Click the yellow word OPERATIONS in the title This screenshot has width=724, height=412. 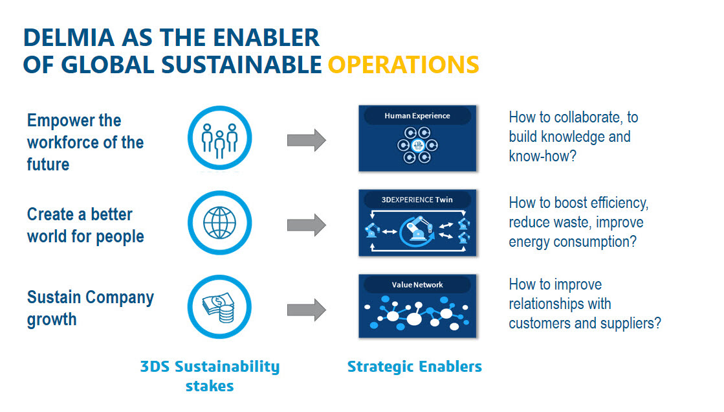[x=404, y=64]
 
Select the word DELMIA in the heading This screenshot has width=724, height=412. [x=69, y=38]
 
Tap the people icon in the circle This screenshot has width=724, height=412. [x=220, y=140]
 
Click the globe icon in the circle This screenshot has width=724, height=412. [x=220, y=223]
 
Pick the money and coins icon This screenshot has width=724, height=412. [x=219, y=308]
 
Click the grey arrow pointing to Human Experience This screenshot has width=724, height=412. [x=307, y=140]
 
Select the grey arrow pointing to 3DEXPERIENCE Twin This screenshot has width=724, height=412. [x=307, y=225]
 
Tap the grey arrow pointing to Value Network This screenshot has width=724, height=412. [x=307, y=310]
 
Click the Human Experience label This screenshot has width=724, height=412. [x=417, y=115]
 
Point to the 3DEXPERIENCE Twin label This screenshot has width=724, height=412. [x=417, y=200]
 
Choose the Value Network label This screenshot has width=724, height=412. [x=417, y=285]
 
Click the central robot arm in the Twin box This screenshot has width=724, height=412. [x=418, y=229]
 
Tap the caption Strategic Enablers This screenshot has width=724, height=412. [x=415, y=367]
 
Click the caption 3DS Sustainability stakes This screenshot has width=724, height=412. [x=210, y=376]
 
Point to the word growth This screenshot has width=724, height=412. [x=52, y=320]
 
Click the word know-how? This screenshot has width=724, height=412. [x=543, y=156]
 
